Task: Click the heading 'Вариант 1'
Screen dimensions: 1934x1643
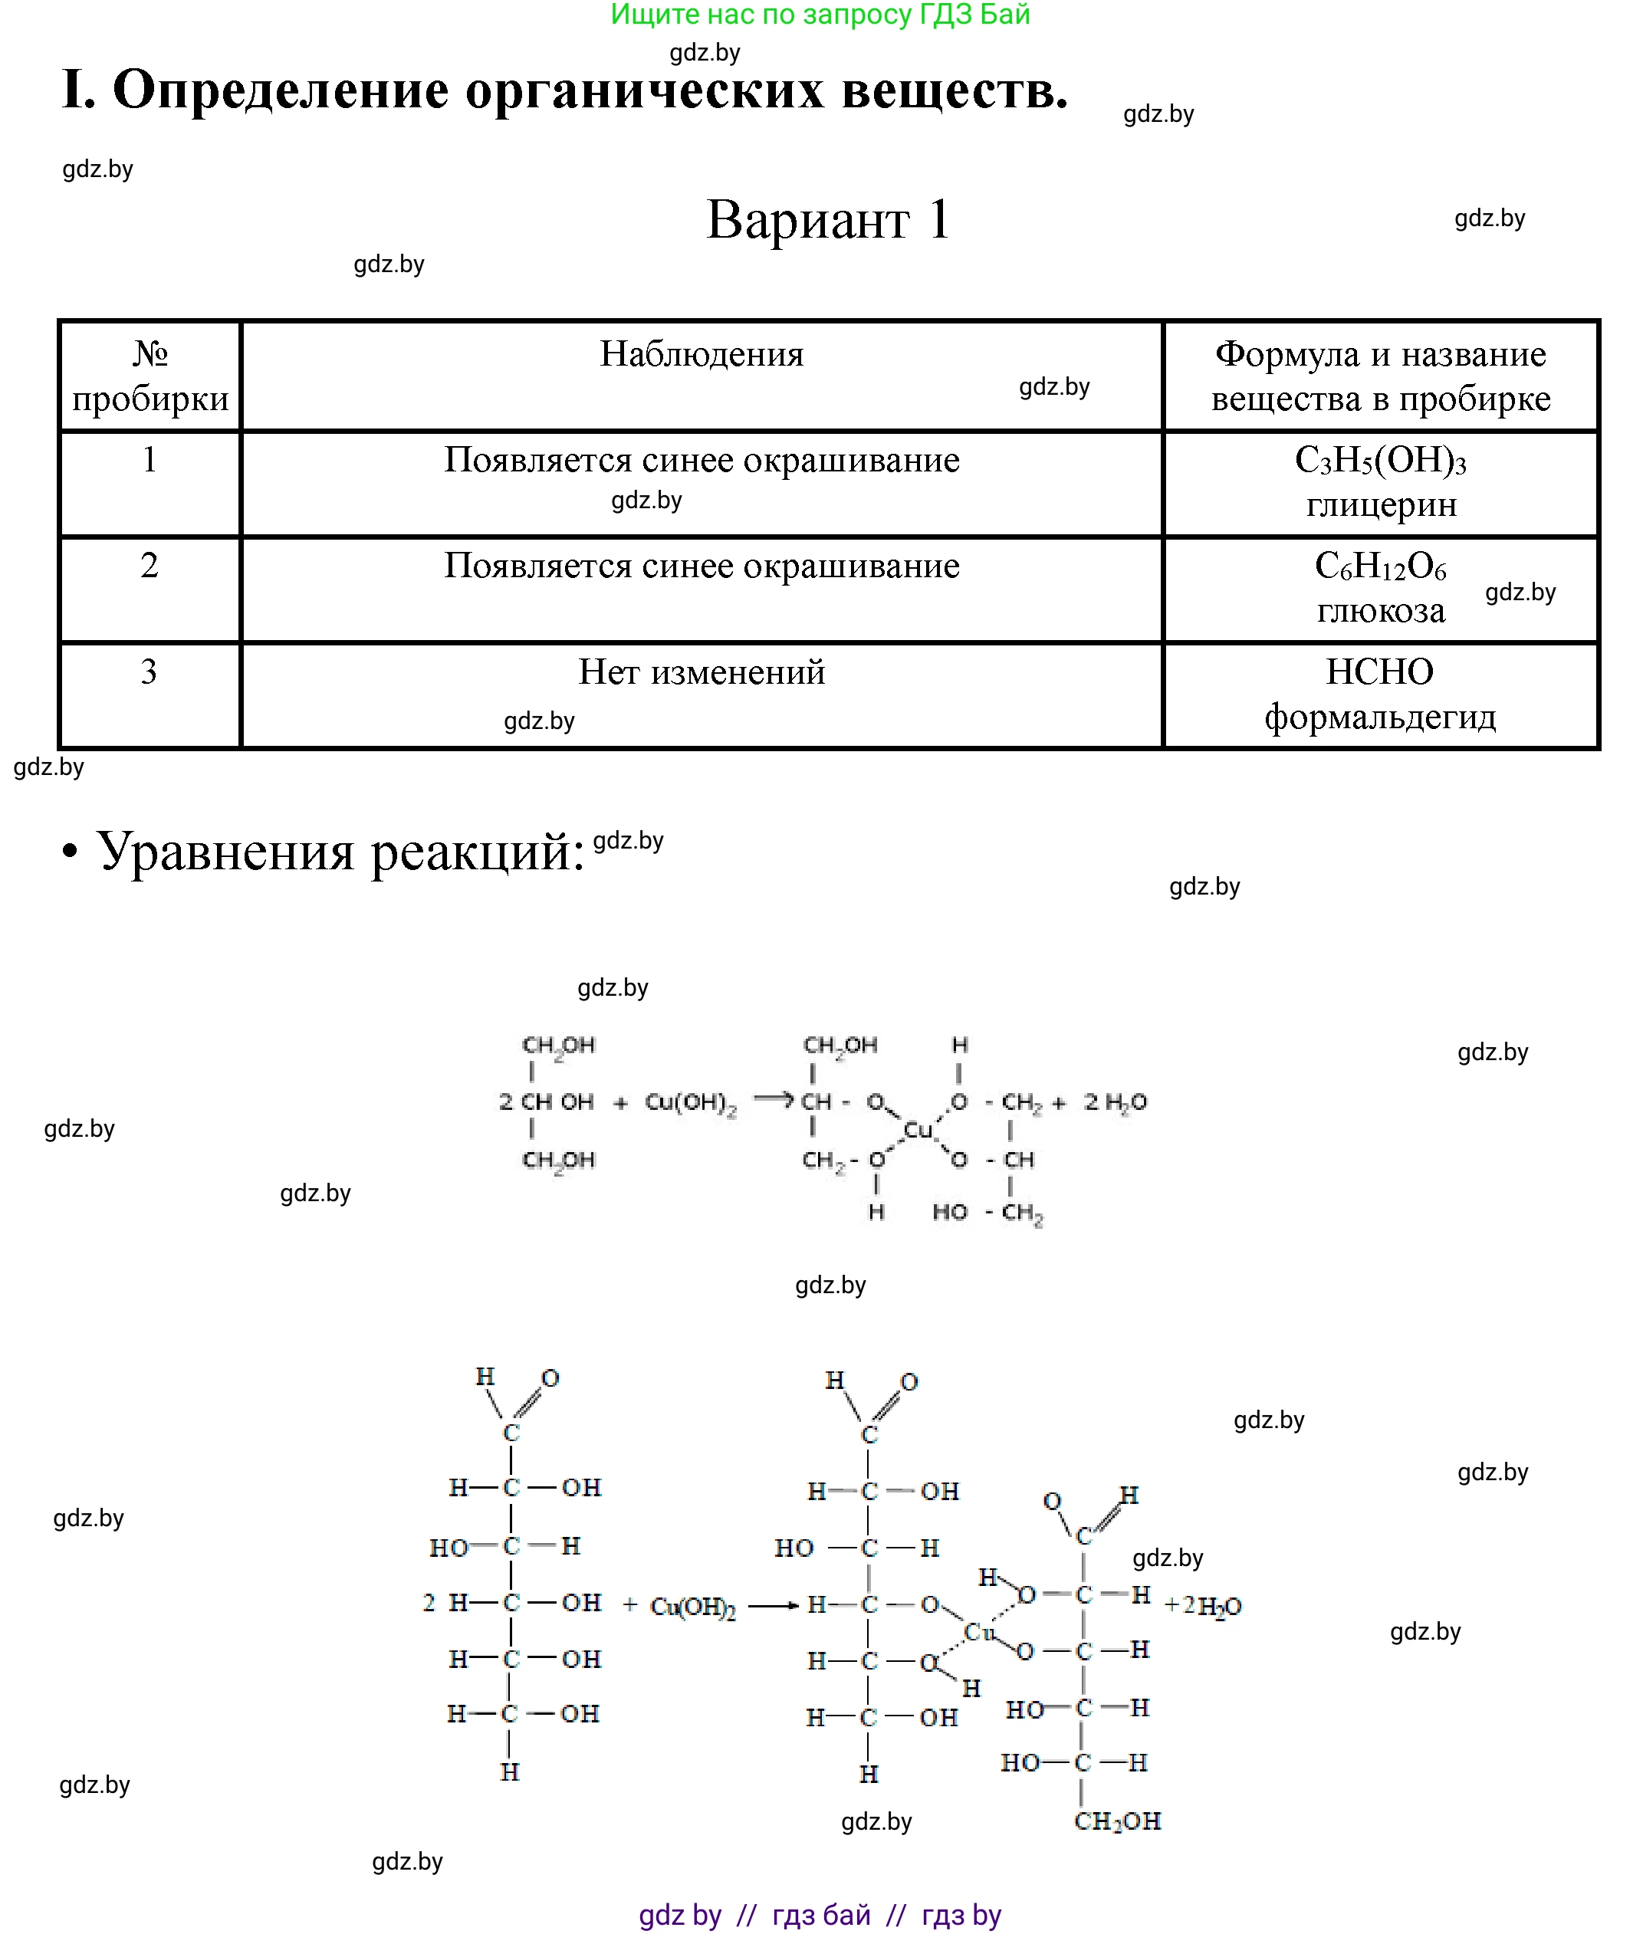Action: (x=828, y=221)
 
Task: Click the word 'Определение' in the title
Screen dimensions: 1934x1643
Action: (x=281, y=90)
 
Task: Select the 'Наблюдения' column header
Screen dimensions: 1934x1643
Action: (x=702, y=355)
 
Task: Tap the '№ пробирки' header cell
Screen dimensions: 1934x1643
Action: (x=150, y=376)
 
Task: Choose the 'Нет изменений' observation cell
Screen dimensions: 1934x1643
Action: (x=702, y=671)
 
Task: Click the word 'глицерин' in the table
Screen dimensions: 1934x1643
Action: (x=1380, y=504)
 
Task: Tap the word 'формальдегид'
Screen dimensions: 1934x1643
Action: (x=1380, y=716)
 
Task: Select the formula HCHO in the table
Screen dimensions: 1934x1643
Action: (x=1379, y=671)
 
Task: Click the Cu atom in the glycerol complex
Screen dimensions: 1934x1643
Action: (x=918, y=1129)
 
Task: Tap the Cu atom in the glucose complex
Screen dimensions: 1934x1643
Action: (x=980, y=1631)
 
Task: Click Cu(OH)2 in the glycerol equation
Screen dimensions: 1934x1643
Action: (x=690, y=1102)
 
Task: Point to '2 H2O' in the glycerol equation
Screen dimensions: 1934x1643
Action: (x=1115, y=1102)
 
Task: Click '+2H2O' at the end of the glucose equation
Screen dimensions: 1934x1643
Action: (x=1204, y=1605)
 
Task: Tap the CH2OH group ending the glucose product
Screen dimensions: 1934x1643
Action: (x=1118, y=1821)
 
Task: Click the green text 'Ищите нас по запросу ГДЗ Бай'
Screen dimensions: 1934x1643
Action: (x=820, y=15)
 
